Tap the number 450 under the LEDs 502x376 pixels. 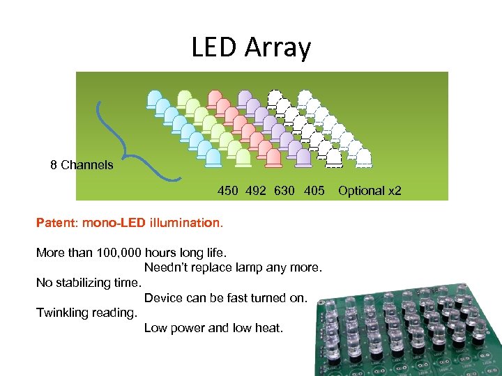tap(227, 190)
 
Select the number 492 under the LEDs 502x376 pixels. tap(256, 190)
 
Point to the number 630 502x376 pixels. tap(284, 190)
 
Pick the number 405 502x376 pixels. tap(314, 190)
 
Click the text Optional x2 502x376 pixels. tap(370, 190)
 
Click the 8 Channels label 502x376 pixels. tap(82, 165)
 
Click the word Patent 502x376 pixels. tap(57, 224)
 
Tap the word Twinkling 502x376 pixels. tap(63, 313)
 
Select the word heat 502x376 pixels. tap(268, 327)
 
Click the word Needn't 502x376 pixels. tap(167, 267)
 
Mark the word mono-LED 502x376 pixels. tap(113, 224)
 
